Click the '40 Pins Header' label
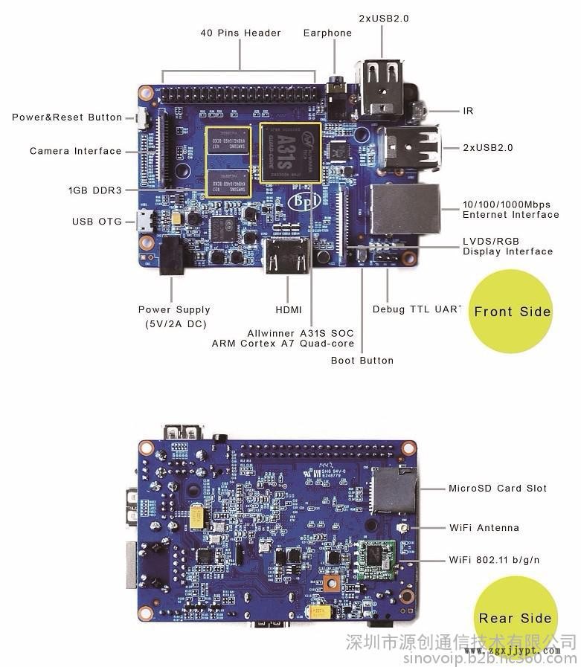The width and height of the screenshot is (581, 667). [240, 33]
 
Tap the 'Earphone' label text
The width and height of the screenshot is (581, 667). [327, 33]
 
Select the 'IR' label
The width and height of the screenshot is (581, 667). [468, 111]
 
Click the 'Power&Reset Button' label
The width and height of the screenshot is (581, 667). [67, 117]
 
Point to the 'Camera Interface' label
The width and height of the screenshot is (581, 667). [75, 151]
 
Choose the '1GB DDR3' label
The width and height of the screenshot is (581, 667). [94, 190]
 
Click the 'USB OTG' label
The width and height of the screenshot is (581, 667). [97, 222]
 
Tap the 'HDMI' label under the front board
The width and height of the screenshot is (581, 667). [288, 309]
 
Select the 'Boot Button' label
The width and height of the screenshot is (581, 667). [362, 361]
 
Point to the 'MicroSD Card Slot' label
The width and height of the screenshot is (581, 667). [497, 489]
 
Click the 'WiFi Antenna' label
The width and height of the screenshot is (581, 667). [484, 528]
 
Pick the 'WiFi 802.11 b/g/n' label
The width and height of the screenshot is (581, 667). [494, 560]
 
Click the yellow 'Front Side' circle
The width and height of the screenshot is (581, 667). [513, 312]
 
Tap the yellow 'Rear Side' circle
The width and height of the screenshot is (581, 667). [515, 617]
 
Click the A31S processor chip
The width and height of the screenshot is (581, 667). [290, 152]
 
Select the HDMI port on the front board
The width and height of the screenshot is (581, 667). [289, 257]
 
